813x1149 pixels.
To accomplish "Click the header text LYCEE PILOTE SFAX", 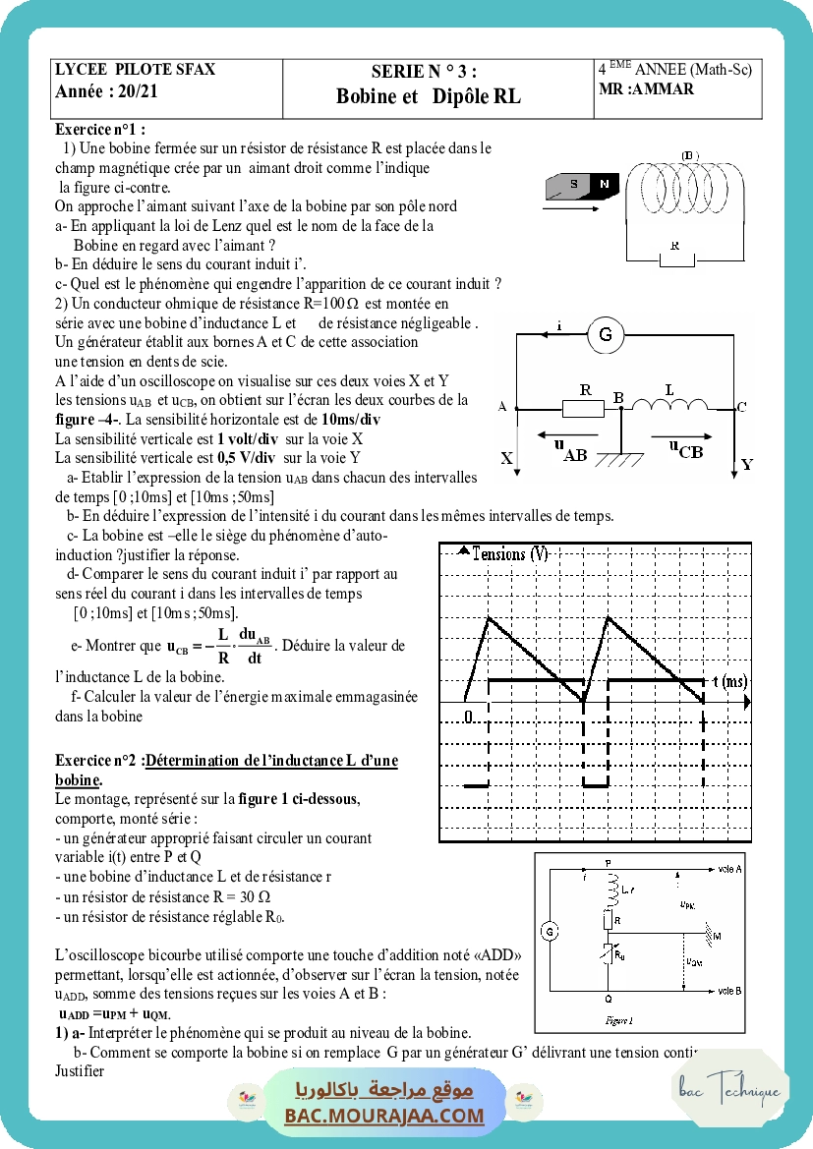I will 135,70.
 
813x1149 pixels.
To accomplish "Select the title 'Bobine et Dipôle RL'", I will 428,96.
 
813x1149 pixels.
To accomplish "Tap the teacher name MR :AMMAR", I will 646,89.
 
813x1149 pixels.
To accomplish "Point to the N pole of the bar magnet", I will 605,185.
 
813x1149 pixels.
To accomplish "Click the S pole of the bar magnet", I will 573,185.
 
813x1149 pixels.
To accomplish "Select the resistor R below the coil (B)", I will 674,259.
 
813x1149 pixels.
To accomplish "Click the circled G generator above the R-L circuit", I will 606,335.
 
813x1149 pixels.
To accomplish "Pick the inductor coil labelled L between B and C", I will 669,405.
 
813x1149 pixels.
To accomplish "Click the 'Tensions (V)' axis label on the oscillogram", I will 510,554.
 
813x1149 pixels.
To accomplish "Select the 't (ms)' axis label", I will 729,681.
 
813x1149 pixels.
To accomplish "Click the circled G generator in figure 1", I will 551,931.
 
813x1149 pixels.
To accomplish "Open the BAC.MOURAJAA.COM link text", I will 384,1115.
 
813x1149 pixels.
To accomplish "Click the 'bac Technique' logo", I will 729,1090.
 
